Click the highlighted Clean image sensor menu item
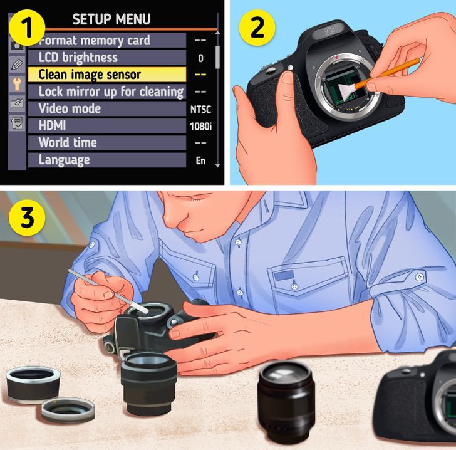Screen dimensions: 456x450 pos(106,75)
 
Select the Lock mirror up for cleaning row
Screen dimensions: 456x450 pos(106,92)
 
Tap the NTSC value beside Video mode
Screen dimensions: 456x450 pos(200,110)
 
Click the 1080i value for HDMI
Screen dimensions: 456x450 pos(200,127)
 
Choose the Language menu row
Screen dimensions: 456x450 pos(106,160)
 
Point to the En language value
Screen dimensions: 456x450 pos(200,160)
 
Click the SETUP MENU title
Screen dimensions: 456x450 pos(111,19)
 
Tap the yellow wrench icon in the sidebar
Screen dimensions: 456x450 pos(17,84)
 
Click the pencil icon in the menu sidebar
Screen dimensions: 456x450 pos(17,64)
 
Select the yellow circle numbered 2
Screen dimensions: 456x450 pos(257,28)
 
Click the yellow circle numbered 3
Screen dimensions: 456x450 pos(27,217)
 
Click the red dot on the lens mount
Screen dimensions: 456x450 pos(337,58)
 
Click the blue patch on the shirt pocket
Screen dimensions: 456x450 pos(284,275)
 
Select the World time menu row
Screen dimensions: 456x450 pos(106,143)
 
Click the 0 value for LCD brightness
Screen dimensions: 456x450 pos(200,58)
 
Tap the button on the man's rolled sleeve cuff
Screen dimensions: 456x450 pos(420,276)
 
